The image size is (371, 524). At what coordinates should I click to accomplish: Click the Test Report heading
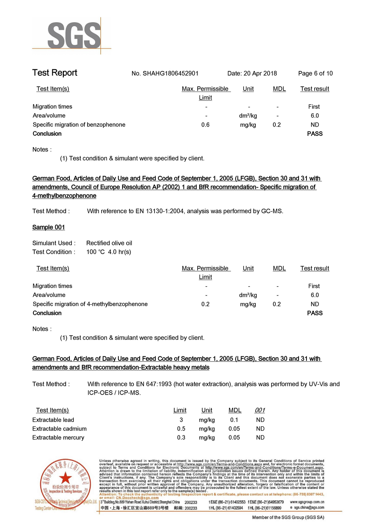54,73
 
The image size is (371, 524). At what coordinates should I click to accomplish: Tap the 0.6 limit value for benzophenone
205,125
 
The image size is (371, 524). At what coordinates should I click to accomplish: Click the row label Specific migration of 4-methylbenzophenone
90,304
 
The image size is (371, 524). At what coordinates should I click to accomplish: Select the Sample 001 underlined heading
48,227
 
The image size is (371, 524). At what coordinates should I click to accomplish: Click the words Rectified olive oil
109,243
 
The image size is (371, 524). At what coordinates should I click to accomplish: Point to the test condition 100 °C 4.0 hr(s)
109,252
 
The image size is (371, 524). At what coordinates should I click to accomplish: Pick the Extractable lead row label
53,420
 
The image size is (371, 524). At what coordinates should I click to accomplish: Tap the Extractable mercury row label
58,438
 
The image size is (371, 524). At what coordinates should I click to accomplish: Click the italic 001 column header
260,410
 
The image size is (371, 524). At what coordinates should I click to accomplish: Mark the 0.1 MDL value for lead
234,420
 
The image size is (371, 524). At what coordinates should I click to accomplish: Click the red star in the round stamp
64,479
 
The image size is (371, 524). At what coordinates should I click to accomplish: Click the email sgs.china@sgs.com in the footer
309,508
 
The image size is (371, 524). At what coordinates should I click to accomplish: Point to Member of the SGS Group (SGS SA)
288,517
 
